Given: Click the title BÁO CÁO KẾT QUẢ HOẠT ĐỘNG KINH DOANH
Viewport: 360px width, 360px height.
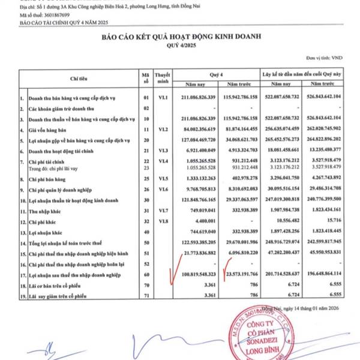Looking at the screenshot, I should pyautogui.click(x=180, y=37).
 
